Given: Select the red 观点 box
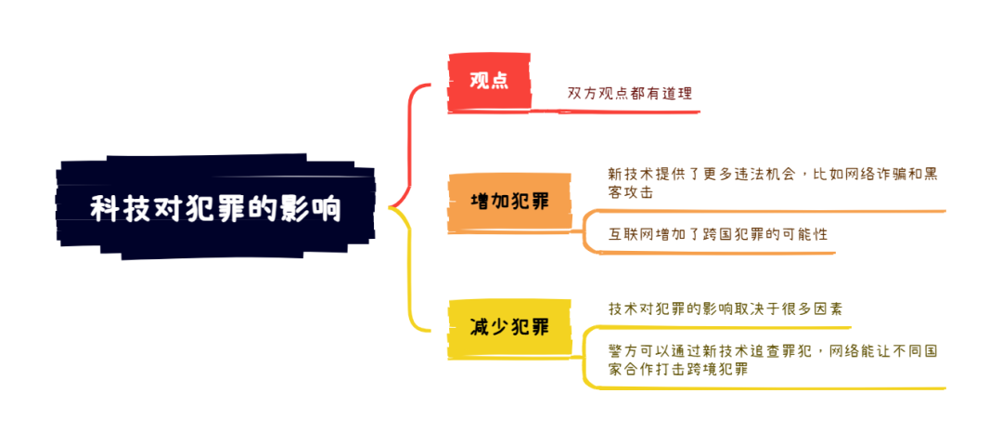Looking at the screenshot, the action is click(490, 83).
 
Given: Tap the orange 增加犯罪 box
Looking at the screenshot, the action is click(509, 203).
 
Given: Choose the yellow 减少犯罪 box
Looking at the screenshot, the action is click(509, 328).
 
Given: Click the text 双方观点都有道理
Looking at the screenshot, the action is click(630, 92).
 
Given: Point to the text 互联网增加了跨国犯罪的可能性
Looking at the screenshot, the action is click(717, 234).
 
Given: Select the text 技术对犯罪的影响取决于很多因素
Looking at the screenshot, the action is click(726, 309).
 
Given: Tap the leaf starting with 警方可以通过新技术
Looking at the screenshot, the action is click(772, 361).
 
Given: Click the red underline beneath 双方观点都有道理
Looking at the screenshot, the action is click(629, 112).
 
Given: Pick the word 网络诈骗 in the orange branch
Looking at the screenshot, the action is click(874, 174).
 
